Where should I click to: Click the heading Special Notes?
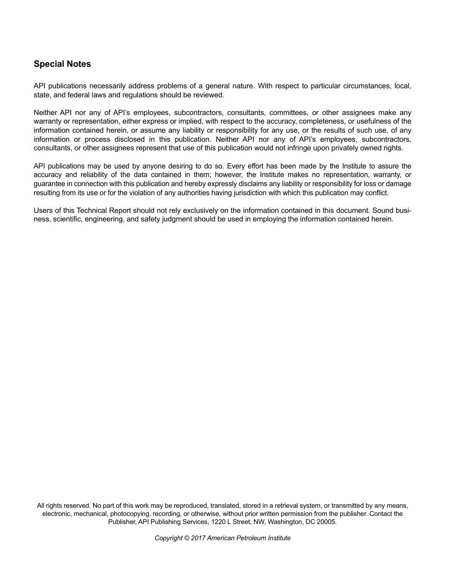62,64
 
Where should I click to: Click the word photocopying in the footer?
130,514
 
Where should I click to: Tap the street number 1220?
218,522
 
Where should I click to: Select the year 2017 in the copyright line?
198,538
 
